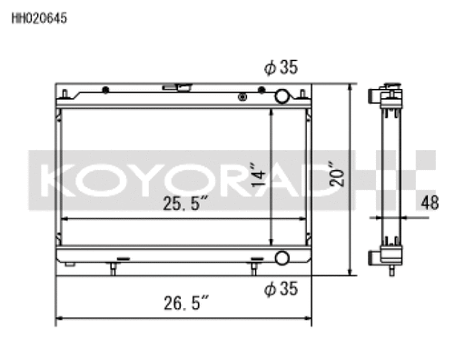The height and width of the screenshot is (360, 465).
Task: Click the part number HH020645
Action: tap(39, 18)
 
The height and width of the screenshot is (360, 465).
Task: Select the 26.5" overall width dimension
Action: tap(186, 303)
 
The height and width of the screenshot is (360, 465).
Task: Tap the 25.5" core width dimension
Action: tap(185, 203)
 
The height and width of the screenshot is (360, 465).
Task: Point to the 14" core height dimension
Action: tap(258, 175)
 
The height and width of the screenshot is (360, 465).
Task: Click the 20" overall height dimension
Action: tap(337, 175)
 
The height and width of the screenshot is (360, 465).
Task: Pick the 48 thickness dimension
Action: tap(430, 203)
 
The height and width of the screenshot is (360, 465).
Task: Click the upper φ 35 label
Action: tap(281, 67)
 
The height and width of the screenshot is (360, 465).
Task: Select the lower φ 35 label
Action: tap(281, 288)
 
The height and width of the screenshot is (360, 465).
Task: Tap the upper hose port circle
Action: tap(282, 96)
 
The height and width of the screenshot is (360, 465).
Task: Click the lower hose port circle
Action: tap(282, 258)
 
